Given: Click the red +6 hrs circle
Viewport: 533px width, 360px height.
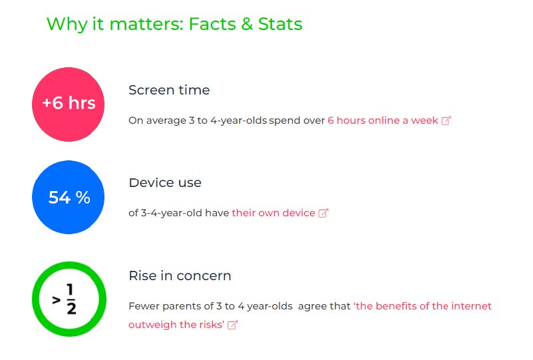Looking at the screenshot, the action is (x=69, y=104).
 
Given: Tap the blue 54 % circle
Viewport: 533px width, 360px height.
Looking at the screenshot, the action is (x=69, y=197).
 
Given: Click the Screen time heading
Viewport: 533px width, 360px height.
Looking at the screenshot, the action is (x=169, y=90).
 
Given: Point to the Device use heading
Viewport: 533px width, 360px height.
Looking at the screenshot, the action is (x=165, y=183).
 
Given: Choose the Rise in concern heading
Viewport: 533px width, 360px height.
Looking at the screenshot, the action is (x=180, y=275).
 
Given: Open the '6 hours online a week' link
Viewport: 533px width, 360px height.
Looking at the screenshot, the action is (x=383, y=120).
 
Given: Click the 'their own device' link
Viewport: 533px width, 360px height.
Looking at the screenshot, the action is (x=273, y=213).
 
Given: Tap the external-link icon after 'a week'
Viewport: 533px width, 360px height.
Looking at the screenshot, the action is (x=446, y=120).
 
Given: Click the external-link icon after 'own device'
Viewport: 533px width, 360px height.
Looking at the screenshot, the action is (x=323, y=213).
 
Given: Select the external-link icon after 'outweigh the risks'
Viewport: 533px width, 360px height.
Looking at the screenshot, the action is (x=232, y=325).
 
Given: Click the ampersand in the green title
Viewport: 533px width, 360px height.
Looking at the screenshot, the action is (x=247, y=24).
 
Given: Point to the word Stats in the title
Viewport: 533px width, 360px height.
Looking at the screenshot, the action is (x=280, y=24).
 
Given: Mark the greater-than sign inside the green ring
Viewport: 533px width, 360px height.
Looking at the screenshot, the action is (x=57, y=300).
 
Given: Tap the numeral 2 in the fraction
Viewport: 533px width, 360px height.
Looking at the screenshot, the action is (x=71, y=308).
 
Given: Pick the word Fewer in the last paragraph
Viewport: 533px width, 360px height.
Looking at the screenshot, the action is (x=144, y=306).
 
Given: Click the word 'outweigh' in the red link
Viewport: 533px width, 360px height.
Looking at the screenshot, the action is (x=152, y=325).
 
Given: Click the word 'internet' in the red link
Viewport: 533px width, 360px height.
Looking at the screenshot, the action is (x=471, y=306).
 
